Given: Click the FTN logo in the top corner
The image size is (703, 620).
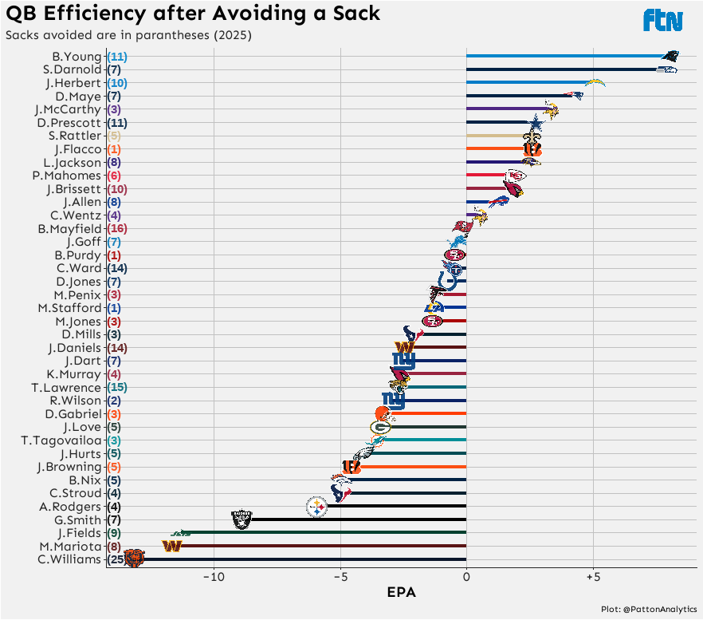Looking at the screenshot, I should [x=663, y=20].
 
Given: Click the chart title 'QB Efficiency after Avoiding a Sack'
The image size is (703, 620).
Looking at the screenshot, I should [x=193, y=14].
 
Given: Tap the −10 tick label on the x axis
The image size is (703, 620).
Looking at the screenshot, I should [x=213, y=576].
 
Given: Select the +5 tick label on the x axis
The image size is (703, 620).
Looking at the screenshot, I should [x=592, y=576].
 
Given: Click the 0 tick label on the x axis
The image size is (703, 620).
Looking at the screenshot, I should [x=466, y=576].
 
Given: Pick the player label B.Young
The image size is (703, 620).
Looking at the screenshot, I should [x=77, y=57].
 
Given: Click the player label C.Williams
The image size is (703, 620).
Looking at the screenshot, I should [x=70, y=559].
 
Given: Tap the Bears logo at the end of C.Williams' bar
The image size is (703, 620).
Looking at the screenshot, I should [x=134, y=559].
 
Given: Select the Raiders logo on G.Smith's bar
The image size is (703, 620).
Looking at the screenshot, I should [x=242, y=519].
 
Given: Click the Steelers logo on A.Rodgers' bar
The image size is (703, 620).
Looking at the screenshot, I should [x=316, y=507].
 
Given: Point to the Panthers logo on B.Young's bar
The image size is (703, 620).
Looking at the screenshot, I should [x=671, y=57].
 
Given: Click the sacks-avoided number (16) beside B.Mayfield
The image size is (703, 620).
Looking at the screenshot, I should [x=116, y=228].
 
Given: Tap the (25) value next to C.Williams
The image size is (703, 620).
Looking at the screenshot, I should [x=116, y=559].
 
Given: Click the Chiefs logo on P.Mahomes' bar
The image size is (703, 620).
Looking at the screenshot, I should [x=516, y=176].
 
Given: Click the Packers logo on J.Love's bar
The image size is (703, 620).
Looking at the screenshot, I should [x=380, y=427].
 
